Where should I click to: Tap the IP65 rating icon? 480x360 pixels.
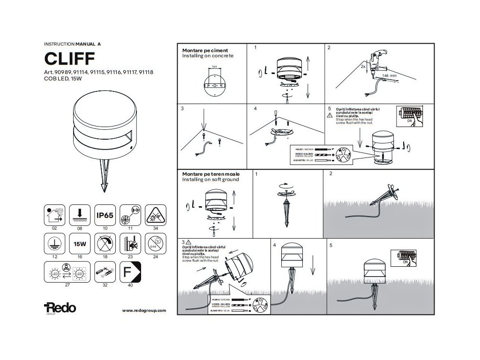point(105,215)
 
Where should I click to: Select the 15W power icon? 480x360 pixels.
point(79,244)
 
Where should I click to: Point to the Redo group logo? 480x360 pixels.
point(60,308)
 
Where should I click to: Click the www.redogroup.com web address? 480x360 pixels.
point(144,310)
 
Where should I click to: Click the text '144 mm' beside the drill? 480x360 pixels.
point(389,75)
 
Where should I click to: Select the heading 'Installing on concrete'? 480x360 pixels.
point(207,55)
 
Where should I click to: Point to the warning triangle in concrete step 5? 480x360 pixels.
point(330,114)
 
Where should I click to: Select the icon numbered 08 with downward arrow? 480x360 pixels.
point(79,215)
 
